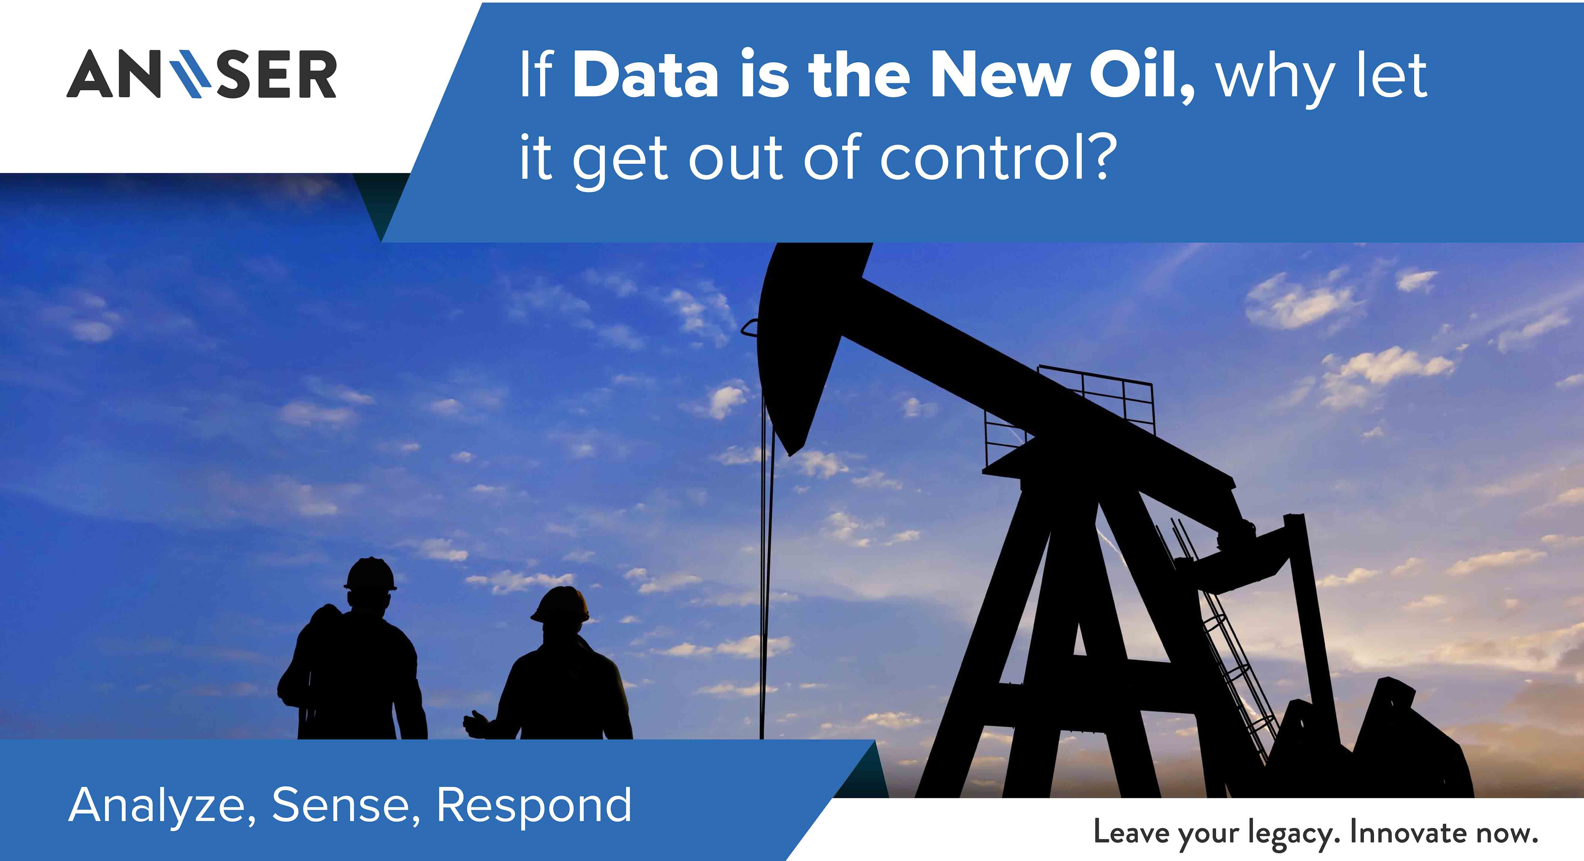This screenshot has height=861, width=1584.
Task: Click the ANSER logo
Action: pos(202,74)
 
